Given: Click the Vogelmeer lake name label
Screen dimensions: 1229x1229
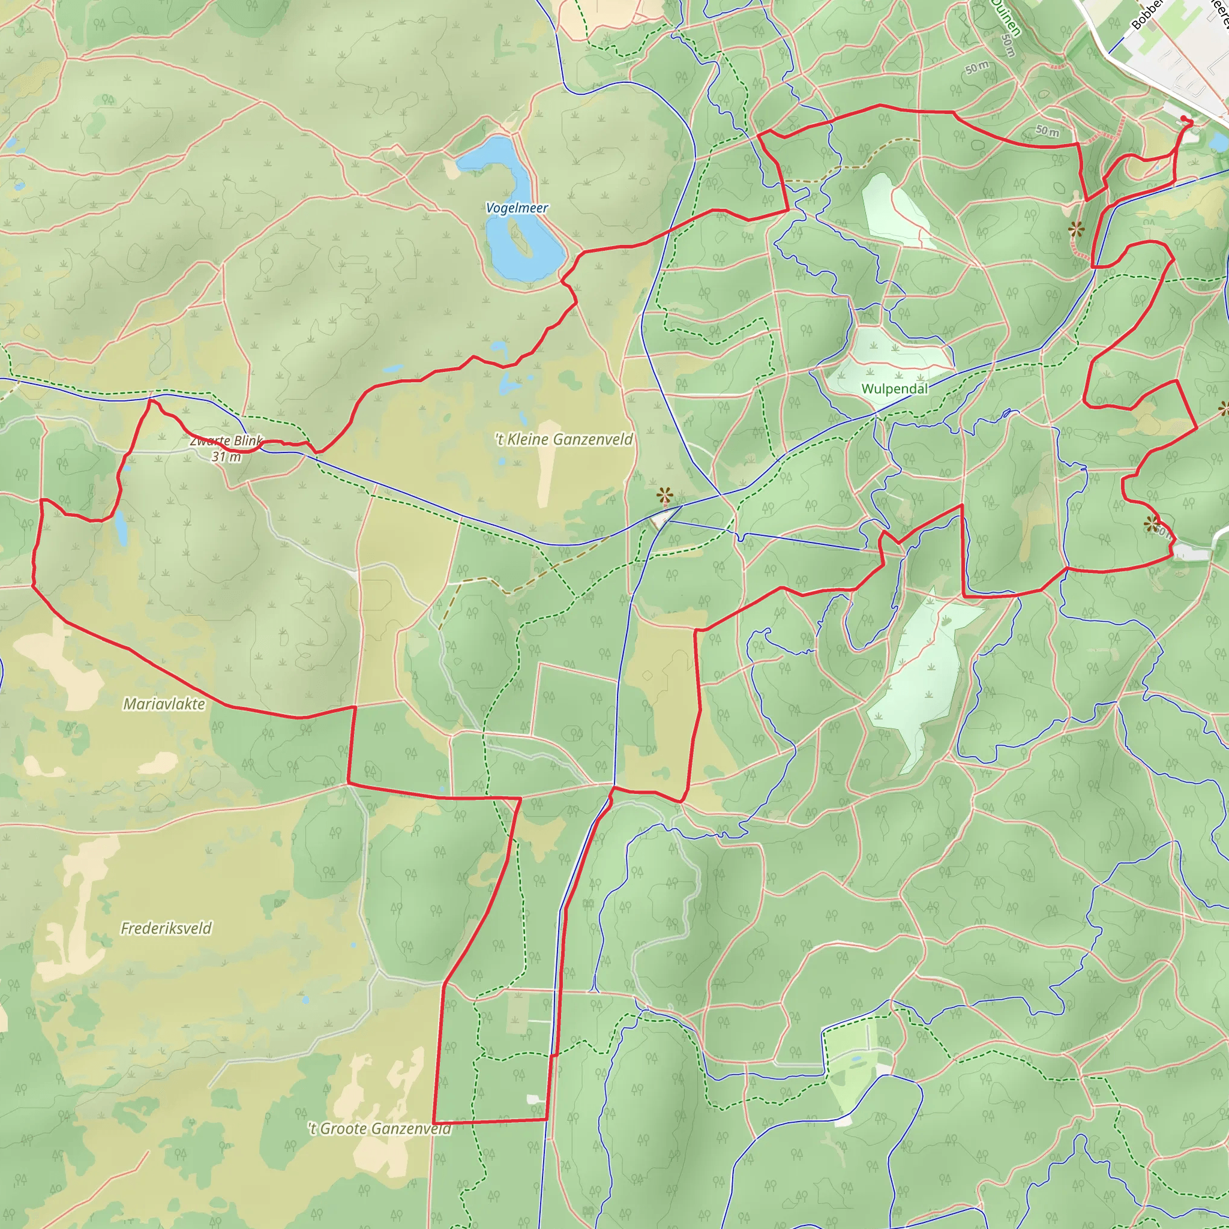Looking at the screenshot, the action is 517,208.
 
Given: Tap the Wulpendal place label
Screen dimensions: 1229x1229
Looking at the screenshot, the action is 894,389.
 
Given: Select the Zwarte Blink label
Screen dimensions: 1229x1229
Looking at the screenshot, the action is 226,441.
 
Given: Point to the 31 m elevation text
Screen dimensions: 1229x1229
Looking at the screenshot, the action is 226,457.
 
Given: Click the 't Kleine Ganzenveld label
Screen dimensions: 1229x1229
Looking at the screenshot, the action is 564,439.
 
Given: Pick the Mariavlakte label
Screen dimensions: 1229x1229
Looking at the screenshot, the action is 164,703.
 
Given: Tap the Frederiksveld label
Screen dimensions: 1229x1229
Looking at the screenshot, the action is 166,928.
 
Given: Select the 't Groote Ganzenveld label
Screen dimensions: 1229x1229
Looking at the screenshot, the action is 380,1129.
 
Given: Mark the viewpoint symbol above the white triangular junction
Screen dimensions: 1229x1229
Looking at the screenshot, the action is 665,495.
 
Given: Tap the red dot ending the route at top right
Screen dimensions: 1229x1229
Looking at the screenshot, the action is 1184,118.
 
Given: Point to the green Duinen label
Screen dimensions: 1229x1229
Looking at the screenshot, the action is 1006,18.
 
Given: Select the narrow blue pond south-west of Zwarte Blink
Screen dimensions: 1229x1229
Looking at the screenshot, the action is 120,528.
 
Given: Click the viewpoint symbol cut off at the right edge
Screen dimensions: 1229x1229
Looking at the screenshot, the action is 1224,409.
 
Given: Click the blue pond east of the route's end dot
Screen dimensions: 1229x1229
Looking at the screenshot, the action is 1219,142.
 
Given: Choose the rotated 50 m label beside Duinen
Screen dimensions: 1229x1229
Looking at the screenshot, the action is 1008,44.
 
